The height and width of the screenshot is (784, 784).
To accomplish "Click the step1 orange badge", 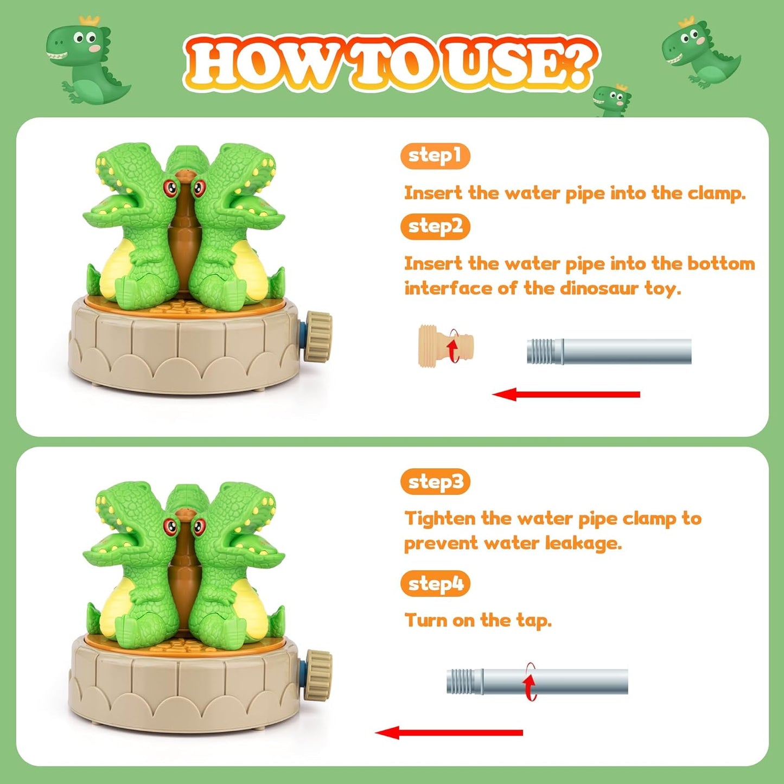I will [435, 156].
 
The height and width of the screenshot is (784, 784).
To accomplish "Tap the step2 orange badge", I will [435, 226].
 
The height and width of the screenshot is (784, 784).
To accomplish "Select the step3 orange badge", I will [435, 482].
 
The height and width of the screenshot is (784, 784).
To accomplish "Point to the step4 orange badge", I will [435, 584].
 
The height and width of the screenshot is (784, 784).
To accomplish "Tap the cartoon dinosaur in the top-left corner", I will [86, 60].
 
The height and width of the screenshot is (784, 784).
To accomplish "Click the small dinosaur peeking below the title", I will [611, 101].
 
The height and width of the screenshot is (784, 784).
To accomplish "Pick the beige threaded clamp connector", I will [445, 346].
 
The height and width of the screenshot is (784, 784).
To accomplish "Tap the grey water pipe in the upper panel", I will [609, 351].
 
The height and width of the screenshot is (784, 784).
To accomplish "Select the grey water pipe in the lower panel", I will [537, 681].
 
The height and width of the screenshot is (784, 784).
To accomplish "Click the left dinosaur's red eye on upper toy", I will [171, 188].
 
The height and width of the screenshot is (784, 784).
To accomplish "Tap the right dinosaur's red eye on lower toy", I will [199, 525].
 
